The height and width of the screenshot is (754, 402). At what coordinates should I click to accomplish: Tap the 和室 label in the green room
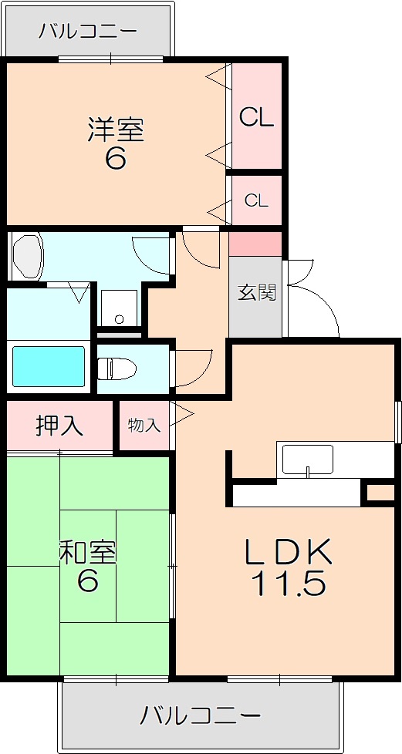click(88, 554)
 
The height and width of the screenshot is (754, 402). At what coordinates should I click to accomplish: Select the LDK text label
click(289, 552)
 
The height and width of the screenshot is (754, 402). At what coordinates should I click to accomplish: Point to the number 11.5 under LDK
click(288, 584)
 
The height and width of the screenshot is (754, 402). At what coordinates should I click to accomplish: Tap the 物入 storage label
click(144, 425)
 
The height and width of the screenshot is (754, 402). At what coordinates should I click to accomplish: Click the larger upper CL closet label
click(257, 117)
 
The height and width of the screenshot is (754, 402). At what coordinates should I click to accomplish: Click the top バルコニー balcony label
click(88, 32)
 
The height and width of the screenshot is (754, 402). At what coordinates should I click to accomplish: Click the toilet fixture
click(117, 369)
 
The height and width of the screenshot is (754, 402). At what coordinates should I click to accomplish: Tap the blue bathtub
click(48, 366)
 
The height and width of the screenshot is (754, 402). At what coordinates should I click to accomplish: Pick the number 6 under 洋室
click(116, 158)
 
